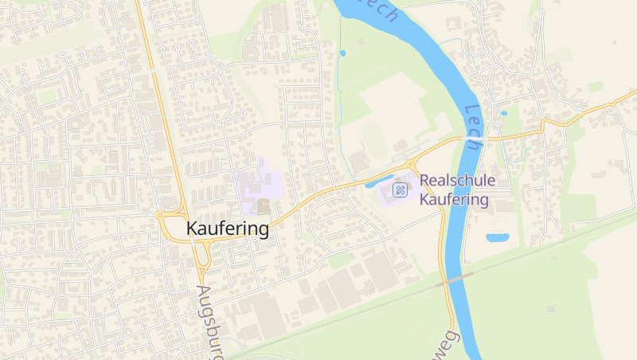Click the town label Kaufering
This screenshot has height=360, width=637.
coord(228,229)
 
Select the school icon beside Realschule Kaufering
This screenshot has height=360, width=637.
coord(401,190)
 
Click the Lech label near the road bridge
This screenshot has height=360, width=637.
coord(475,122)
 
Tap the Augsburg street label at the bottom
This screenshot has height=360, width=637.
coord(209,319)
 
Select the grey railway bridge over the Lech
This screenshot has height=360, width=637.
coord(459,277)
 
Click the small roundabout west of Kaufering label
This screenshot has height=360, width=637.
coord(162,215)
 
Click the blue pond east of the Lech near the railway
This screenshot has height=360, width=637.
coord(498,237)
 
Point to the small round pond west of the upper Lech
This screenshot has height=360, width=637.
coord(343,53)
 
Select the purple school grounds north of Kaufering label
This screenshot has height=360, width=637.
coord(260,180)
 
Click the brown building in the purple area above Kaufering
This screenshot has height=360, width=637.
coord(264,206)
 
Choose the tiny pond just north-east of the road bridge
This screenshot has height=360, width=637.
coord(503,113)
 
